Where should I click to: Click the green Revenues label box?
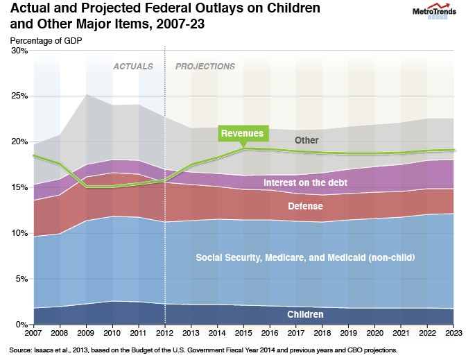(x=242, y=133)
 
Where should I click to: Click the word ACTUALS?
(x=134, y=67)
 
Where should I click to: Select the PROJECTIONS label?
(x=205, y=67)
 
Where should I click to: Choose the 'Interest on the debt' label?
(x=306, y=182)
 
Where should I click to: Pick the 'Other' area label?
(x=306, y=140)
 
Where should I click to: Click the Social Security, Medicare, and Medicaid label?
(x=305, y=258)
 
